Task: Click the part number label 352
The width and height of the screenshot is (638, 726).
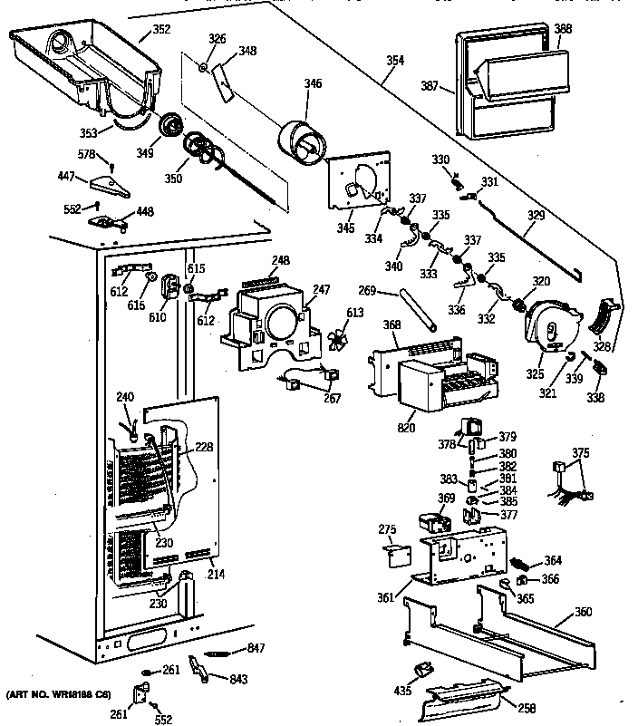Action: (x=159, y=30)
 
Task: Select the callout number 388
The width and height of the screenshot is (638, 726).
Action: (x=563, y=29)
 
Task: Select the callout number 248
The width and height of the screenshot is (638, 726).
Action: (x=281, y=261)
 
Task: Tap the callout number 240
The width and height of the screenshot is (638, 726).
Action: (x=124, y=396)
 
